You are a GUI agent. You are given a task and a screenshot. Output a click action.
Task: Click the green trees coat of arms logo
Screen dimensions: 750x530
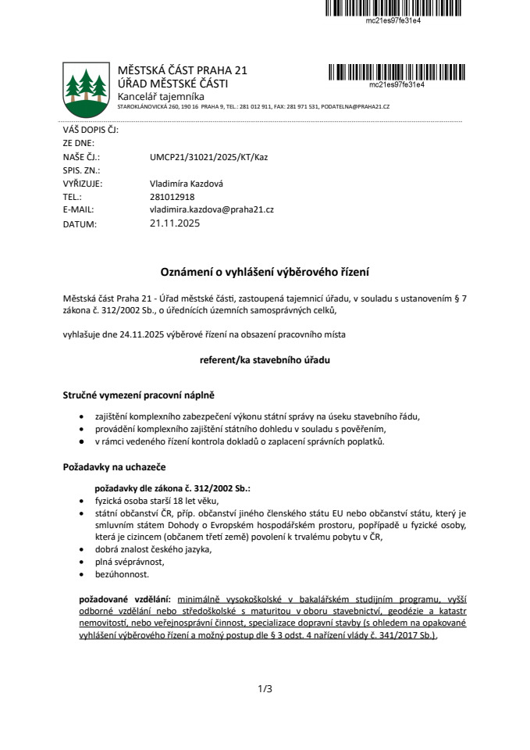(84, 88)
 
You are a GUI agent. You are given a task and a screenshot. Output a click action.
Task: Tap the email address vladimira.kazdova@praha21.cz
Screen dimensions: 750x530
(211, 210)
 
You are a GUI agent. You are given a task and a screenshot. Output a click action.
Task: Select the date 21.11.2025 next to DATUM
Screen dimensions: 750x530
(175, 223)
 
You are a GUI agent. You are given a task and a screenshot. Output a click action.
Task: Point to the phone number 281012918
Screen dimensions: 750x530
(172, 197)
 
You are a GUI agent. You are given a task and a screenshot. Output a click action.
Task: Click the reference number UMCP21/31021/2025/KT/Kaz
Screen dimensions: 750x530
(208, 156)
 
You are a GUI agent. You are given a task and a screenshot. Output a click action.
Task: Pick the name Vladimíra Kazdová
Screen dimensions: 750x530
(184, 184)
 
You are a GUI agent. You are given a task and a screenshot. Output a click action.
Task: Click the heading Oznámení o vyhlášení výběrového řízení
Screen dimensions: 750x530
(265, 272)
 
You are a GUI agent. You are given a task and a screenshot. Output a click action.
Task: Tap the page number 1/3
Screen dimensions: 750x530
(265, 689)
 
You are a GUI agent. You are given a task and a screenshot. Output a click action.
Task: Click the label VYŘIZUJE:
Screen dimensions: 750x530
(83, 184)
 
